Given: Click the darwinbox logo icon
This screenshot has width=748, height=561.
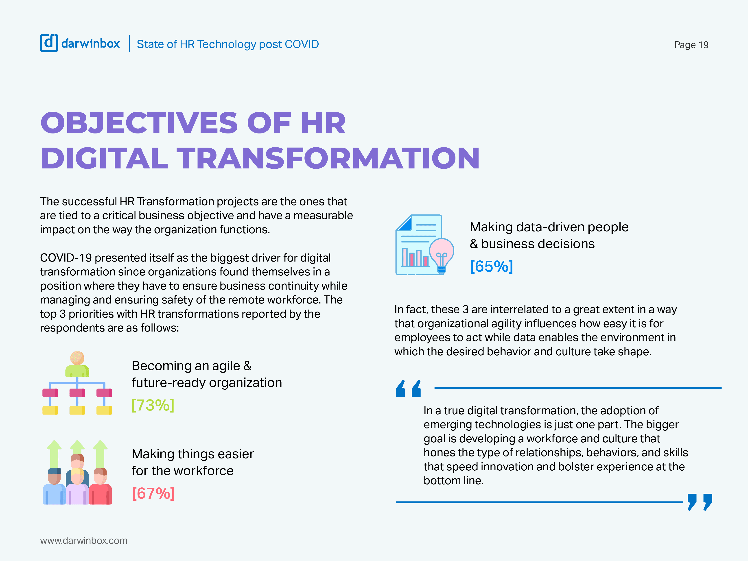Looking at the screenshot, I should tap(49, 43).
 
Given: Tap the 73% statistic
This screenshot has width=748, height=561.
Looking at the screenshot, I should tap(153, 405).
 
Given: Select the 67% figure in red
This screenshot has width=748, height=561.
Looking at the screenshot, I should tap(153, 493).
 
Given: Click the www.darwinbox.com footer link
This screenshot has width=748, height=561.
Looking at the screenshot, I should tap(83, 540).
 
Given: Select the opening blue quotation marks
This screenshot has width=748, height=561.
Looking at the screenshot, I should tap(408, 388).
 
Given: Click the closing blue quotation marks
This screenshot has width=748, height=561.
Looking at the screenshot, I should tap(700, 502).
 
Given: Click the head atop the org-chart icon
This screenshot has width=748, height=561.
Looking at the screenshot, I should tap(77, 358).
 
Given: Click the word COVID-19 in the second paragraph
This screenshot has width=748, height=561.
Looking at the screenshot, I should tap(66, 258).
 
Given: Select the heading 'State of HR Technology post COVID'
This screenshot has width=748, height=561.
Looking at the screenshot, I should tap(227, 44).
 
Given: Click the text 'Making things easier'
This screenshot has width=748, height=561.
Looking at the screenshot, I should tap(192, 454).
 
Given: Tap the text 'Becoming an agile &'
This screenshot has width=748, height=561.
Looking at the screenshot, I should tap(191, 366).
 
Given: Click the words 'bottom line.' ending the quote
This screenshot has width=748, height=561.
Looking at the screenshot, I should tap(453, 480).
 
